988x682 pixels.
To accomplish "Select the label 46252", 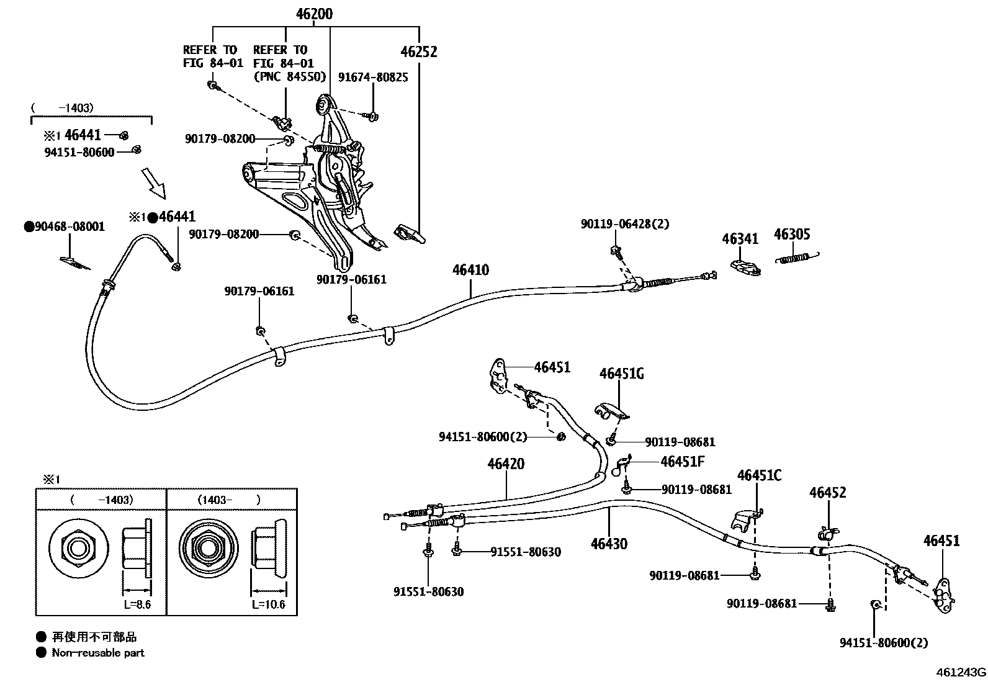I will pyautogui.click(x=418, y=52).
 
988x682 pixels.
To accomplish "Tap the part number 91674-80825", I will pyautogui.click(x=373, y=78).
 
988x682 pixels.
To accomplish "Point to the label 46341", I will pyautogui.click(x=740, y=239).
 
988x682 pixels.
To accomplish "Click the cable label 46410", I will pyautogui.click(x=470, y=270).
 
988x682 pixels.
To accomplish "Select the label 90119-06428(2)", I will pyautogui.click(x=625, y=224).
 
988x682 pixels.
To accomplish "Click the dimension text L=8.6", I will pyautogui.click(x=137, y=604).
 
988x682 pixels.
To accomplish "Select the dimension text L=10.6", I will pyautogui.click(x=268, y=604).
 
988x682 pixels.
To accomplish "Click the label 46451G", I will pyautogui.click(x=621, y=374).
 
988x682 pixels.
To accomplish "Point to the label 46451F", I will pyautogui.click(x=683, y=461).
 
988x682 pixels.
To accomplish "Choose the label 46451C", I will pyautogui.click(x=759, y=475).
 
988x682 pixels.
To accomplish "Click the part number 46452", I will pyautogui.click(x=827, y=493).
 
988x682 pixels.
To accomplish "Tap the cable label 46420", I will pyautogui.click(x=506, y=464).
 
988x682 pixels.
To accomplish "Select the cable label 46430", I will pyautogui.click(x=609, y=544).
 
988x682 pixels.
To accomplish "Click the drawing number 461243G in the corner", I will pyautogui.click(x=961, y=673).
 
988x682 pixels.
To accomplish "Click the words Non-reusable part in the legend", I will pyautogui.click(x=98, y=652).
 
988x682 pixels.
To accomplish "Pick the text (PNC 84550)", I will pyautogui.click(x=289, y=77).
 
